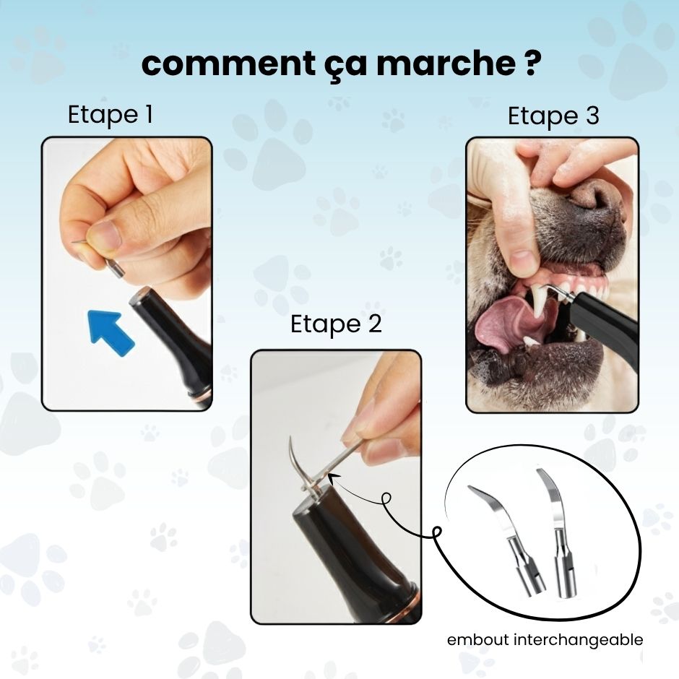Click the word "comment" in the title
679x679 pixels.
click(x=228, y=64)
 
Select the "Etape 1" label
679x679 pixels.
click(x=111, y=115)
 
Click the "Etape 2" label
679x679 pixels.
click(x=336, y=324)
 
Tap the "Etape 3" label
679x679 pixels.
click(x=553, y=116)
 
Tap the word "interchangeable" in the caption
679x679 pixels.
click(x=578, y=640)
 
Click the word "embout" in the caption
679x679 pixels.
click(x=478, y=640)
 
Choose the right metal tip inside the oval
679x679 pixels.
click(x=558, y=532)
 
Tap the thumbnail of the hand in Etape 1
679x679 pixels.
click(x=105, y=233)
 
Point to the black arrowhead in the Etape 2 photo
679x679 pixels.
click(x=332, y=478)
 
